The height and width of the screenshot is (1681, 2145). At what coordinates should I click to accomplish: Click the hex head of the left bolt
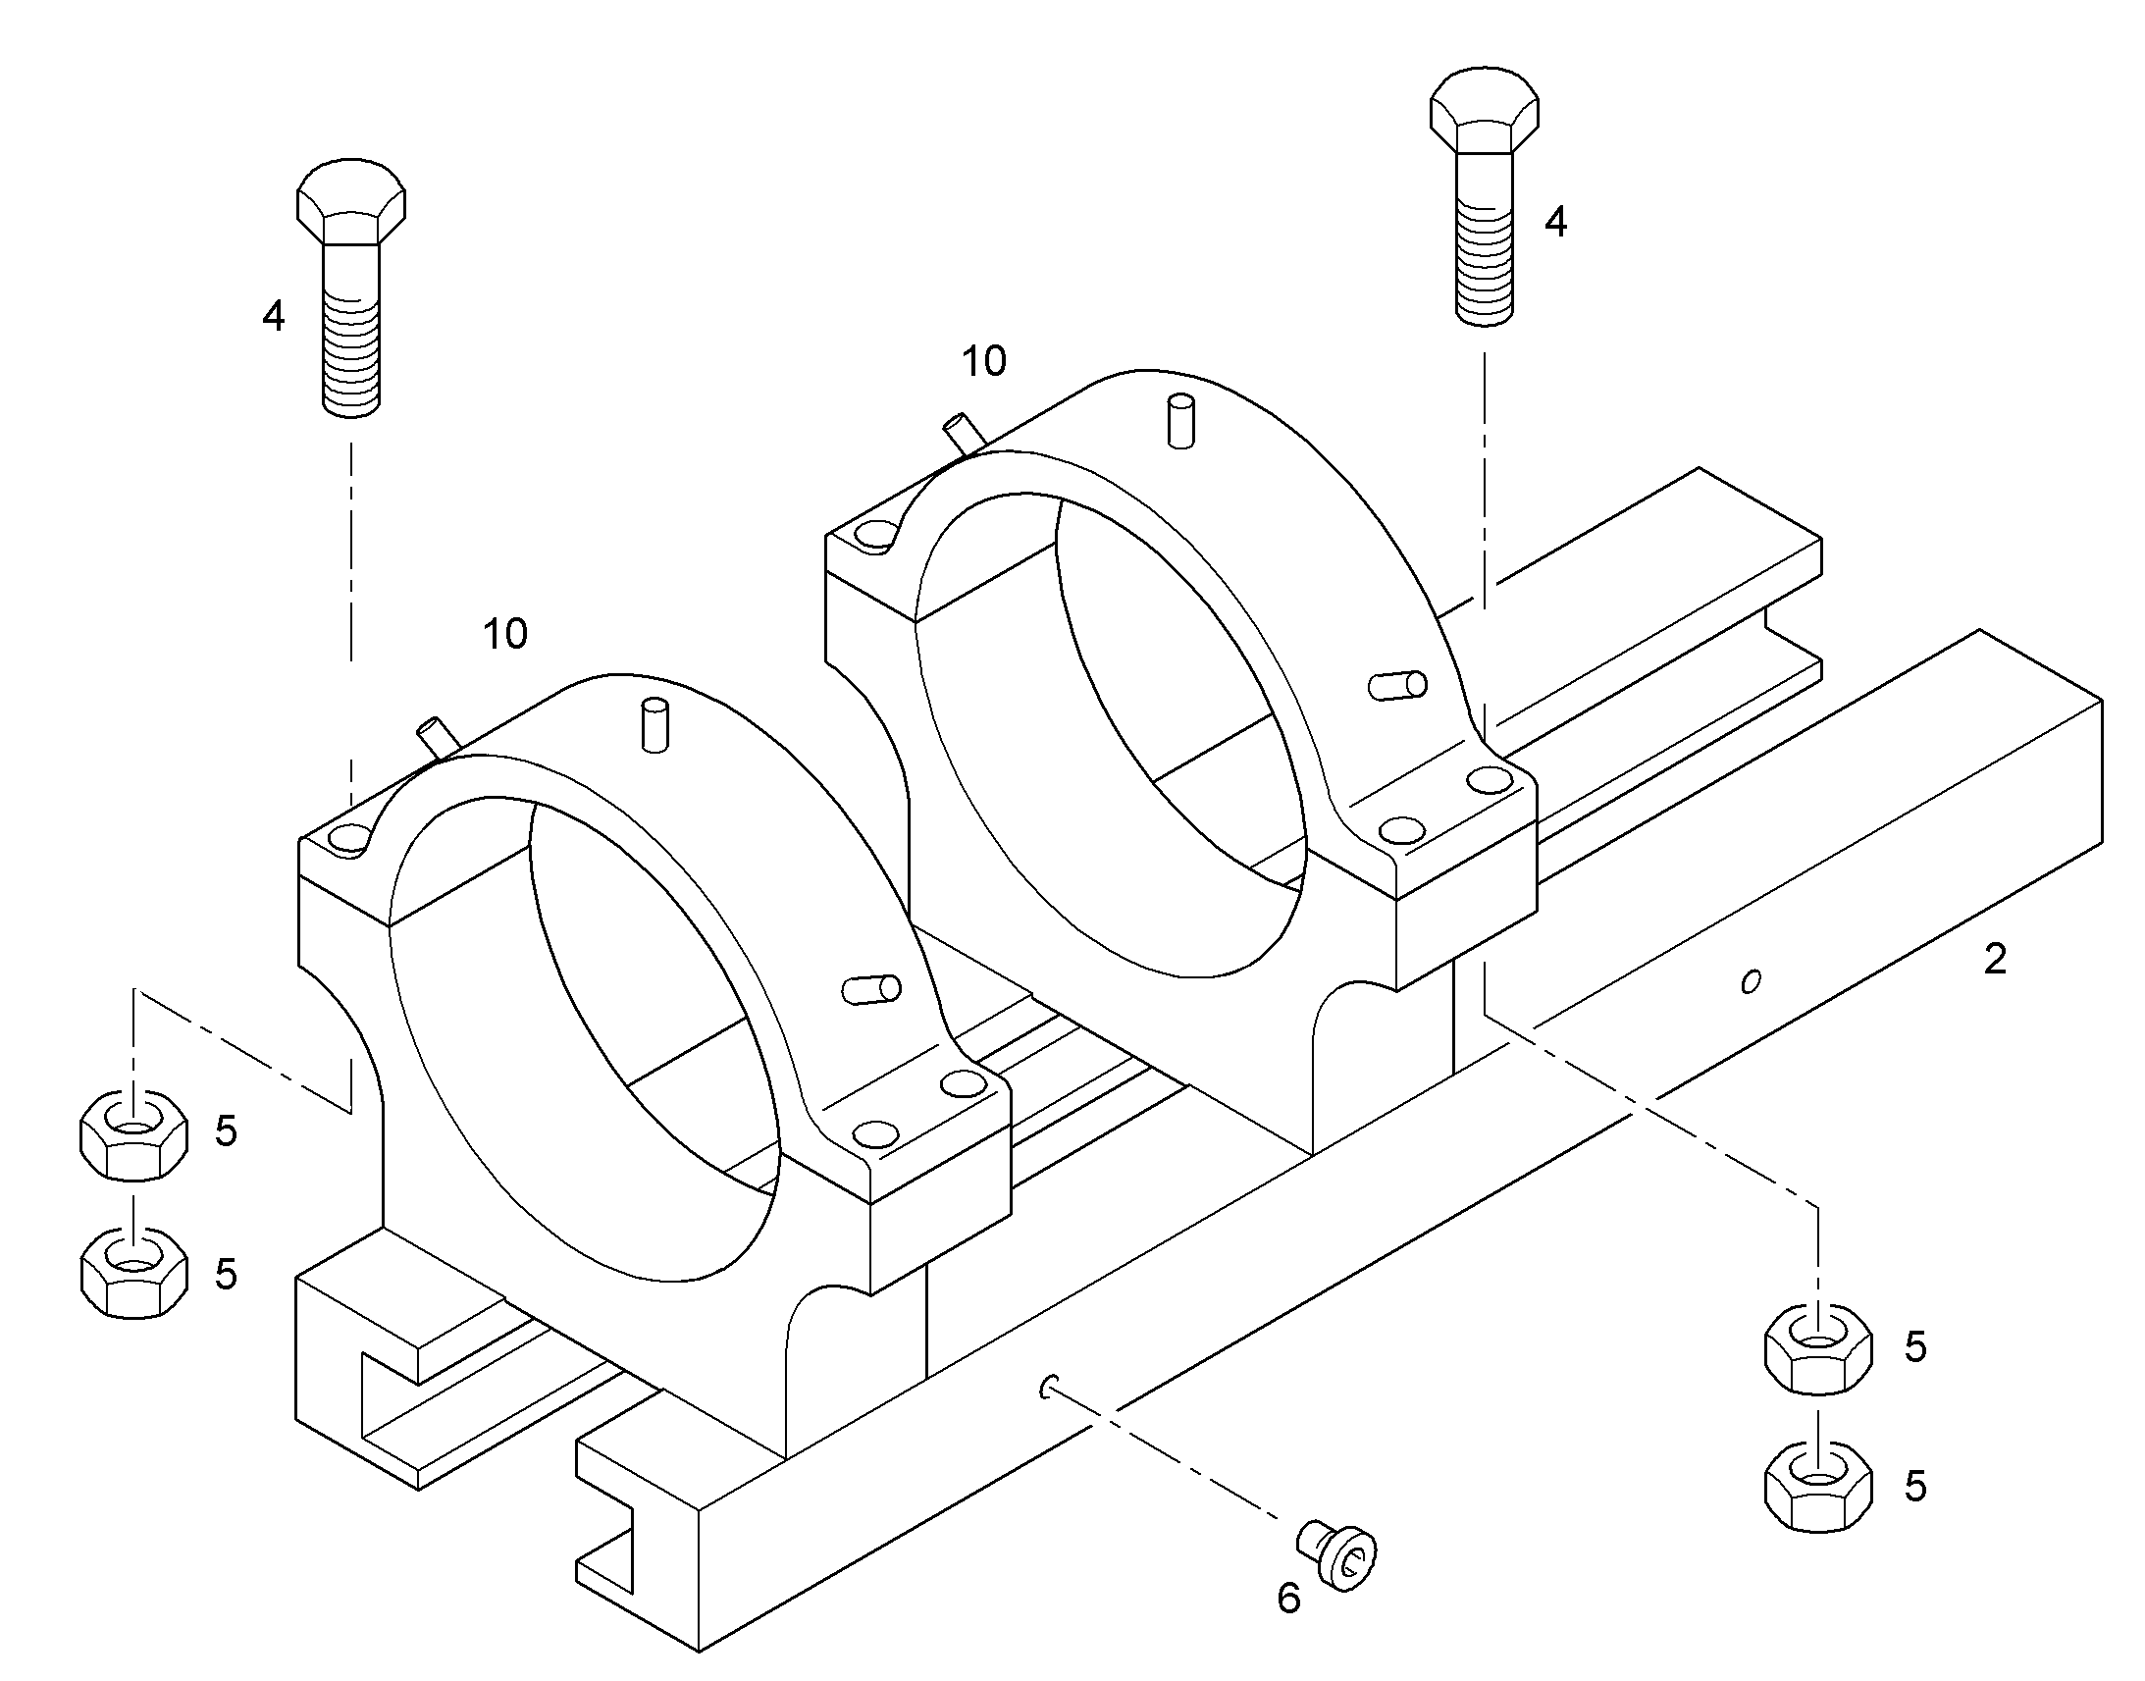click(351, 201)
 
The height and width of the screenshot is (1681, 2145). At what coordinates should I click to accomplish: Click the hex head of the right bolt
click(1484, 110)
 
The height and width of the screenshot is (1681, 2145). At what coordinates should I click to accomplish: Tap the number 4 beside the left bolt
click(274, 316)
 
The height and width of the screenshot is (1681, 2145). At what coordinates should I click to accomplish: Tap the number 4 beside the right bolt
click(1555, 223)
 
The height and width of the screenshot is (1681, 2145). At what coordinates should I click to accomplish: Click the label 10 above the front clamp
click(504, 634)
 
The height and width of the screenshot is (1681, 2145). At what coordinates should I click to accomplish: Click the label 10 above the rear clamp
click(984, 361)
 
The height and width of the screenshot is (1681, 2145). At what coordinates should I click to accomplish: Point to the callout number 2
click(1995, 960)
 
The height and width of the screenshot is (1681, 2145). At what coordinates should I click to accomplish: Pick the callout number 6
click(1289, 1599)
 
